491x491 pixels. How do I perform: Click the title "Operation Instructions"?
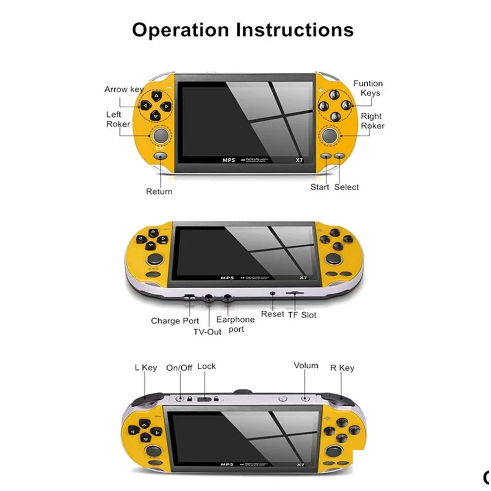pos(242,30)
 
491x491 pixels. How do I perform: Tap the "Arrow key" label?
pos(124,89)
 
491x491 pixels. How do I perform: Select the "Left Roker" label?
pos(118,119)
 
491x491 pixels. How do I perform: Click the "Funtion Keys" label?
pos(368,88)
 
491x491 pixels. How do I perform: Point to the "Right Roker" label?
pos(372,121)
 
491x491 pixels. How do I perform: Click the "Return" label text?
pos(159,191)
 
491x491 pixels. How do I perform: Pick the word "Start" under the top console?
pos(320,187)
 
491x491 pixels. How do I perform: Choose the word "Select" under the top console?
pos(346,187)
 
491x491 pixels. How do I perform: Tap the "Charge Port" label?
pos(175,321)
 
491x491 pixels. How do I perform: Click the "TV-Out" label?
pos(208,332)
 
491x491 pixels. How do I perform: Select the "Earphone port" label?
pos(235,324)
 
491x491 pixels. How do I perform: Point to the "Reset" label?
pos(272,314)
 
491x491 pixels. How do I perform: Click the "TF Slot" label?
pos(302,315)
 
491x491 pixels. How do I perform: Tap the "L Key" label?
pos(146,368)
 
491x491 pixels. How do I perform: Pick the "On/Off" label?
pos(179,368)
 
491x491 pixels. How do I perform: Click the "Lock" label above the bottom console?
pos(206,366)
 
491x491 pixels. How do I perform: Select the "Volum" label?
pos(306,366)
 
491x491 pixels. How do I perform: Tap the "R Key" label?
pos(342,368)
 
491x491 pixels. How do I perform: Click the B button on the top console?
pos(335,116)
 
